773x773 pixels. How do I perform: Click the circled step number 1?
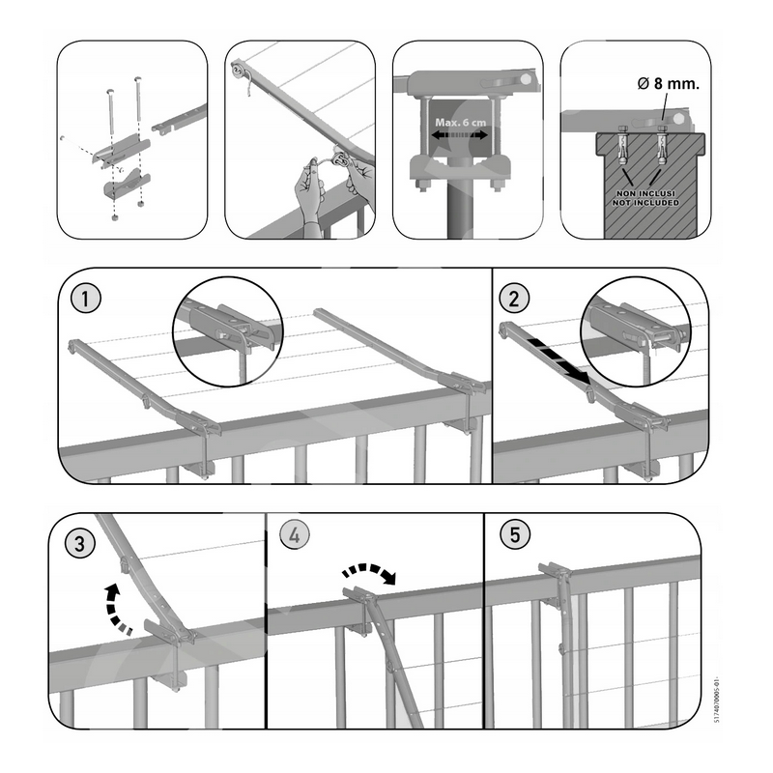[86, 299]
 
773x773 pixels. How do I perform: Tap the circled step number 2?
[514, 299]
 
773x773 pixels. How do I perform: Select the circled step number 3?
[80, 543]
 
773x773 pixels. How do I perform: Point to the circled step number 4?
[295, 535]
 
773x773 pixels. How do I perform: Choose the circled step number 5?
[515, 535]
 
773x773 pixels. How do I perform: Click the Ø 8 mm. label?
[668, 84]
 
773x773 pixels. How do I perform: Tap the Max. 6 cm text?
[460, 122]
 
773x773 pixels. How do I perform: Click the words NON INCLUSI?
[645, 194]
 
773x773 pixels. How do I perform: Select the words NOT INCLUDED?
[645, 203]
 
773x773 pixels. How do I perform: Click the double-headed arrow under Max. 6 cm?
[460, 134]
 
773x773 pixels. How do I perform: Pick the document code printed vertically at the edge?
[716, 699]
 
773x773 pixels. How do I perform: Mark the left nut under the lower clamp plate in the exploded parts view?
[115, 216]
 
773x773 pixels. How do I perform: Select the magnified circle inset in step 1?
[228, 331]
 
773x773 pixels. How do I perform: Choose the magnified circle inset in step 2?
[636, 331]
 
